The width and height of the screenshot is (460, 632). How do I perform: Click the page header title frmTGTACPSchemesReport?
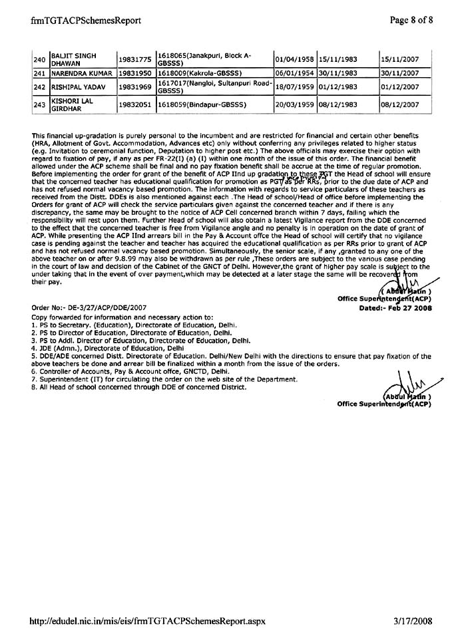point(86,20)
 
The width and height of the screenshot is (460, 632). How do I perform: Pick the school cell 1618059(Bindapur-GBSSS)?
point(202,104)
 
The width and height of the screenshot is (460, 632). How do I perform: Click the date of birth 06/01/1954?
point(294,73)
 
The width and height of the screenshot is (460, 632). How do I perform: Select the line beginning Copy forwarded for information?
point(122,317)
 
